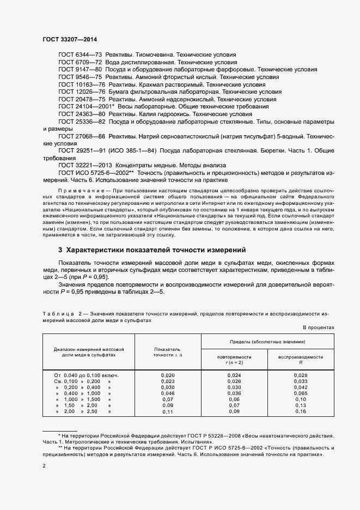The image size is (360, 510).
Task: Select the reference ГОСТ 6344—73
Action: click(80, 55)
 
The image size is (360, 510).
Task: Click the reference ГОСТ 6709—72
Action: click(80, 63)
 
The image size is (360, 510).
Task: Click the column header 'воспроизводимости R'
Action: click(301, 359)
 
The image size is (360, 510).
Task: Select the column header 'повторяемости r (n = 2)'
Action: click(234, 359)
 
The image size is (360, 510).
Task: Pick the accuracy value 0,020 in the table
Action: click(168, 375)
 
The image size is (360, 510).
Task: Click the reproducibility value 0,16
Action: click(301, 411)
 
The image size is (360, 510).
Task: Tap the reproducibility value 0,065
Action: click(301, 393)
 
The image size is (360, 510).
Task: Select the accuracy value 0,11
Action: click(168, 411)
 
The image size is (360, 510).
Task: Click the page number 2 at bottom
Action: click(44, 466)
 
